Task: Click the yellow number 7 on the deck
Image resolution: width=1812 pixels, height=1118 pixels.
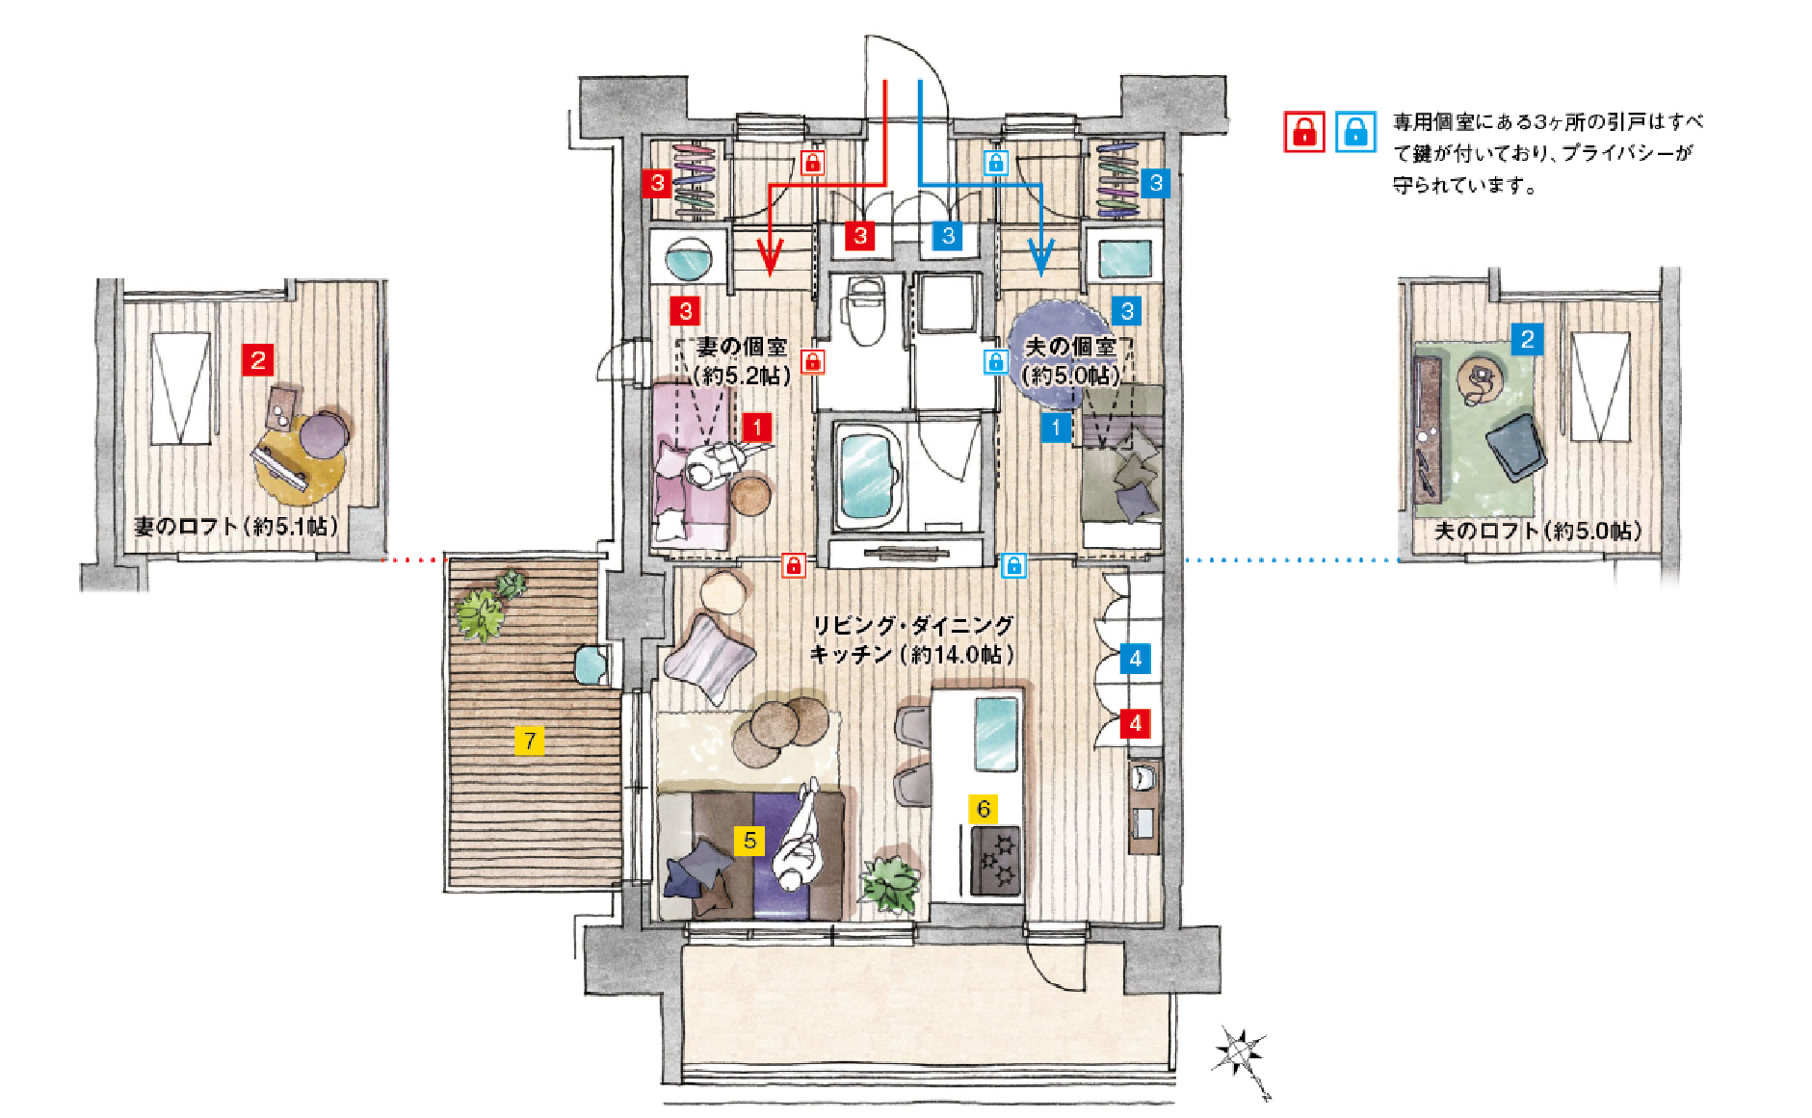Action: click(529, 741)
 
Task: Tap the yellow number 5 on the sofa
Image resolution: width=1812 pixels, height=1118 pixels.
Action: click(749, 841)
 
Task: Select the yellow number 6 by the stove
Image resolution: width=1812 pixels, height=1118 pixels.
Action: click(983, 809)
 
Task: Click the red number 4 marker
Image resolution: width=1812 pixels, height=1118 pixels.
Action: click(1135, 723)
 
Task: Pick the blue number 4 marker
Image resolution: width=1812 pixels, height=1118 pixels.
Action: click(1135, 659)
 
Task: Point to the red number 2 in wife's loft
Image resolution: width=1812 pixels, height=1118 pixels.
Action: click(257, 360)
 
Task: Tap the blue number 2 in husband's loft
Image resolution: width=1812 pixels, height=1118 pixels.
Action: click(1527, 339)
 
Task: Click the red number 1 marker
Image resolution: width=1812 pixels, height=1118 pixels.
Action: click(757, 428)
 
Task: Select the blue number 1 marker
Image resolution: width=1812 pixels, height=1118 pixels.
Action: click(1056, 428)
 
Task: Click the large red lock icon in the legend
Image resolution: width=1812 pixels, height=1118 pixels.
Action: click(1304, 132)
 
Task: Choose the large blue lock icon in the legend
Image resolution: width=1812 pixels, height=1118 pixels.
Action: click(1355, 132)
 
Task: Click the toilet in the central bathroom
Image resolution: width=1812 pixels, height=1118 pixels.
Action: click(864, 308)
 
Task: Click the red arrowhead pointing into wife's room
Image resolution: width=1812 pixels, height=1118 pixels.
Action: click(770, 257)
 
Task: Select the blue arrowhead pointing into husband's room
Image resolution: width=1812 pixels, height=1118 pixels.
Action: click(1040, 257)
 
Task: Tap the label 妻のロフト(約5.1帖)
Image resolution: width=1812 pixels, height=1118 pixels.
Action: click(236, 526)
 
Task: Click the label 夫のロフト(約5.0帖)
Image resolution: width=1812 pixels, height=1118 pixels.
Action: click(1538, 530)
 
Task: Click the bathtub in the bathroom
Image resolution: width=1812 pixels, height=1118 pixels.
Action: click(869, 476)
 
